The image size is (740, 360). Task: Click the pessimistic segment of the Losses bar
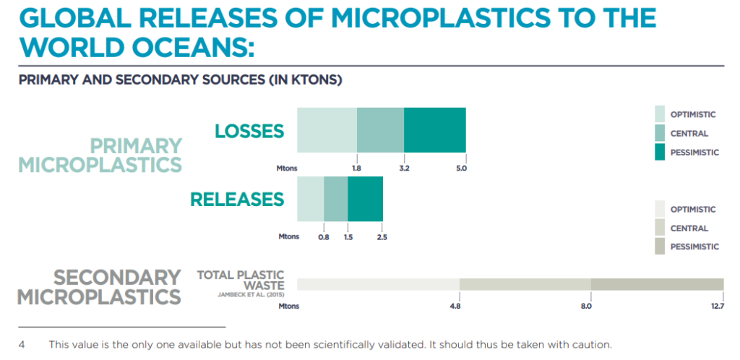pyautogui.click(x=434, y=129)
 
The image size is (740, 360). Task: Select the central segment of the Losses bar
pyautogui.click(x=380, y=129)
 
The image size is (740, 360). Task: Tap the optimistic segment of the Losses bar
pyautogui.click(x=327, y=129)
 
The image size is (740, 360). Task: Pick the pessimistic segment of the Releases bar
pyautogui.click(x=365, y=199)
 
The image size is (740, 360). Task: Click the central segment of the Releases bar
pyautogui.click(x=336, y=199)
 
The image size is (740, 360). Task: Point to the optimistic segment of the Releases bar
pyautogui.click(x=311, y=199)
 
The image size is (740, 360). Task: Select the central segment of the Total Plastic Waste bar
pyautogui.click(x=525, y=285)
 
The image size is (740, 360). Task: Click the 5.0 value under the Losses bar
pyautogui.click(x=461, y=168)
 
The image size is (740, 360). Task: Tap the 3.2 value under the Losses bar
pyautogui.click(x=404, y=168)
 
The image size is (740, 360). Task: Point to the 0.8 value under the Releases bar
pyautogui.click(x=324, y=237)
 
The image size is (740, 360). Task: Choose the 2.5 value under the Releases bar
pyautogui.click(x=382, y=237)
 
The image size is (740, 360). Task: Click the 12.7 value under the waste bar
pyautogui.click(x=716, y=306)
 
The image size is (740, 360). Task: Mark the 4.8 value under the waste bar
pyautogui.click(x=455, y=306)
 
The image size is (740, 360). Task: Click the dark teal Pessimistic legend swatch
pyautogui.click(x=660, y=153)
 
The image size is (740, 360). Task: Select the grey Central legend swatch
pyautogui.click(x=660, y=228)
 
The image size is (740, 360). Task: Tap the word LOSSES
pyautogui.click(x=249, y=131)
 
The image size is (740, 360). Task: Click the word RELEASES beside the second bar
pyautogui.click(x=237, y=200)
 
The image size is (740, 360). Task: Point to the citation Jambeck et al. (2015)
pyautogui.click(x=251, y=295)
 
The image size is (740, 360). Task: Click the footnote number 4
pyautogui.click(x=22, y=344)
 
